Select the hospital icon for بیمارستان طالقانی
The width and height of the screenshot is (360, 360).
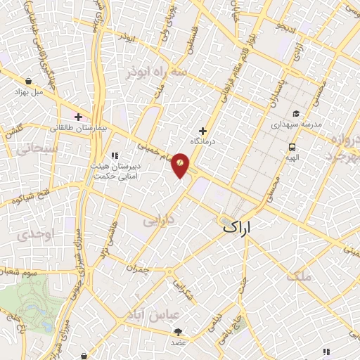[x=78, y=116]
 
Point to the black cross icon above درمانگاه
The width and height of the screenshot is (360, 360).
[x=202, y=131]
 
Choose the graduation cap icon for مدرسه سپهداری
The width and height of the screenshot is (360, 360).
[x=297, y=113]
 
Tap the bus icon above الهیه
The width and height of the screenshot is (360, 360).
[x=291, y=147]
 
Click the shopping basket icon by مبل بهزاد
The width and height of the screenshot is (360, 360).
[x=27, y=80]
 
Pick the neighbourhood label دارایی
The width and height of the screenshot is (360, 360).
[x=158, y=221]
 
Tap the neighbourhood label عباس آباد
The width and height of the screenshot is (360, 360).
[x=162, y=314]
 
